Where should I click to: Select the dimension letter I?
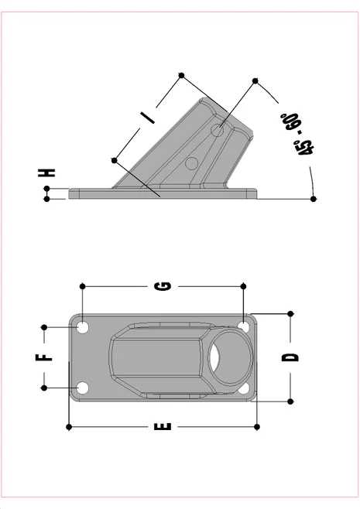pyautogui.click(x=147, y=117)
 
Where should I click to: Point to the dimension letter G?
pyautogui.click(x=163, y=287)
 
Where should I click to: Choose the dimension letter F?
pyautogui.click(x=46, y=357)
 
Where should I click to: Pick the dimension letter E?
pyautogui.click(x=163, y=426)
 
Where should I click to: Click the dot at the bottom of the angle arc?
pyautogui.click(x=313, y=199)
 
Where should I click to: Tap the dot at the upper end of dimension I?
pyautogui.click(x=181, y=75)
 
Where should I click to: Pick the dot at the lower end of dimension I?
pyautogui.click(x=115, y=160)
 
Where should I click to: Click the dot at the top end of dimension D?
pyautogui.click(x=291, y=313)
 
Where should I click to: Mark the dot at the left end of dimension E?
pyautogui.click(x=70, y=426)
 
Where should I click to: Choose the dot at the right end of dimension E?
pyautogui.click(x=256, y=426)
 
